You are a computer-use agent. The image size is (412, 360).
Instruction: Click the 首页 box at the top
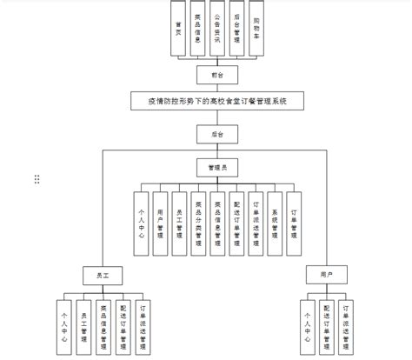pos(178,30)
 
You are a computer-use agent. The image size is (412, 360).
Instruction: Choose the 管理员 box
pos(216,167)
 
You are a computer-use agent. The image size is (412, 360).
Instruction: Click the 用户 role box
pos(326,276)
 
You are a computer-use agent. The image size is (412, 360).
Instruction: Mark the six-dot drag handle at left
pos(37,179)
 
